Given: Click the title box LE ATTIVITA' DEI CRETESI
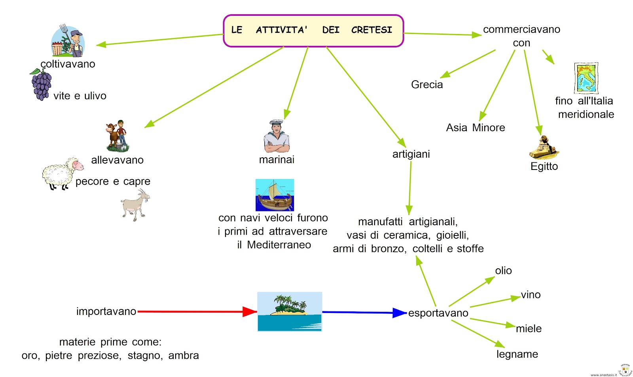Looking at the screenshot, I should point(313,30).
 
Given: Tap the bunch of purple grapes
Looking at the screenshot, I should point(41,85).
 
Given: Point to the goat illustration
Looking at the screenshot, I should point(135,205).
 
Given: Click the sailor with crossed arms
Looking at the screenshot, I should point(277,137).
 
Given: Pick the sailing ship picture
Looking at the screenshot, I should point(275,195).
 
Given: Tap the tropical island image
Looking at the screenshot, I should point(290,311).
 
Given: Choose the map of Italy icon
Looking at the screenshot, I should point(586,78).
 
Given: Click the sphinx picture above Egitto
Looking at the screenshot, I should point(544,148).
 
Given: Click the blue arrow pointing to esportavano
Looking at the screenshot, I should point(364,313).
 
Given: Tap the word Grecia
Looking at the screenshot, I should point(427,85).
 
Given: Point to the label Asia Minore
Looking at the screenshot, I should point(476,128).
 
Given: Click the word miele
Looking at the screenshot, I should point(529,328).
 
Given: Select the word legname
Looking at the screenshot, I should point(517,354).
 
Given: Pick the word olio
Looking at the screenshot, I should point(503,271).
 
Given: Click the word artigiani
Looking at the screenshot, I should point(411,154).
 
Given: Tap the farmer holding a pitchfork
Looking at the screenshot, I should point(68,41).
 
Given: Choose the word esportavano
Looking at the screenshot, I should point(438,313).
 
